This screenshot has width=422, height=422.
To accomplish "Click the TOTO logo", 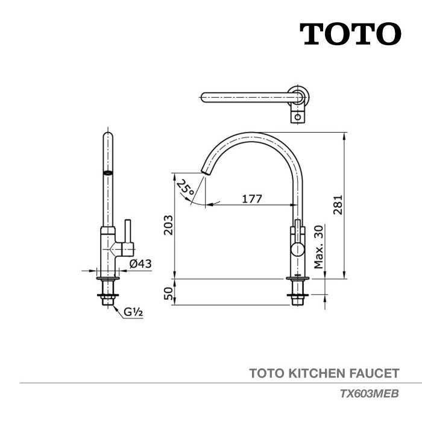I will (x=350, y=34).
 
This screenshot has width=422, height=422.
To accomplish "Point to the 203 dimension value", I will (x=169, y=225).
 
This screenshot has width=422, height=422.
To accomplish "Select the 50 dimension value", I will (x=169, y=293).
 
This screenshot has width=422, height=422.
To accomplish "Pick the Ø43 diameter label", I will (x=139, y=263).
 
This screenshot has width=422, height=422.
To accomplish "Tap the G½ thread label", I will (x=133, y=312).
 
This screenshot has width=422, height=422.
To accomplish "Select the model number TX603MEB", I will (x=369, y=393).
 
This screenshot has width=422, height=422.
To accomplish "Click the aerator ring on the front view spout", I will (x=107, y=172).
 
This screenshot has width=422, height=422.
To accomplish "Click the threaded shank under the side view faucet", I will (x=298, y=295).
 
